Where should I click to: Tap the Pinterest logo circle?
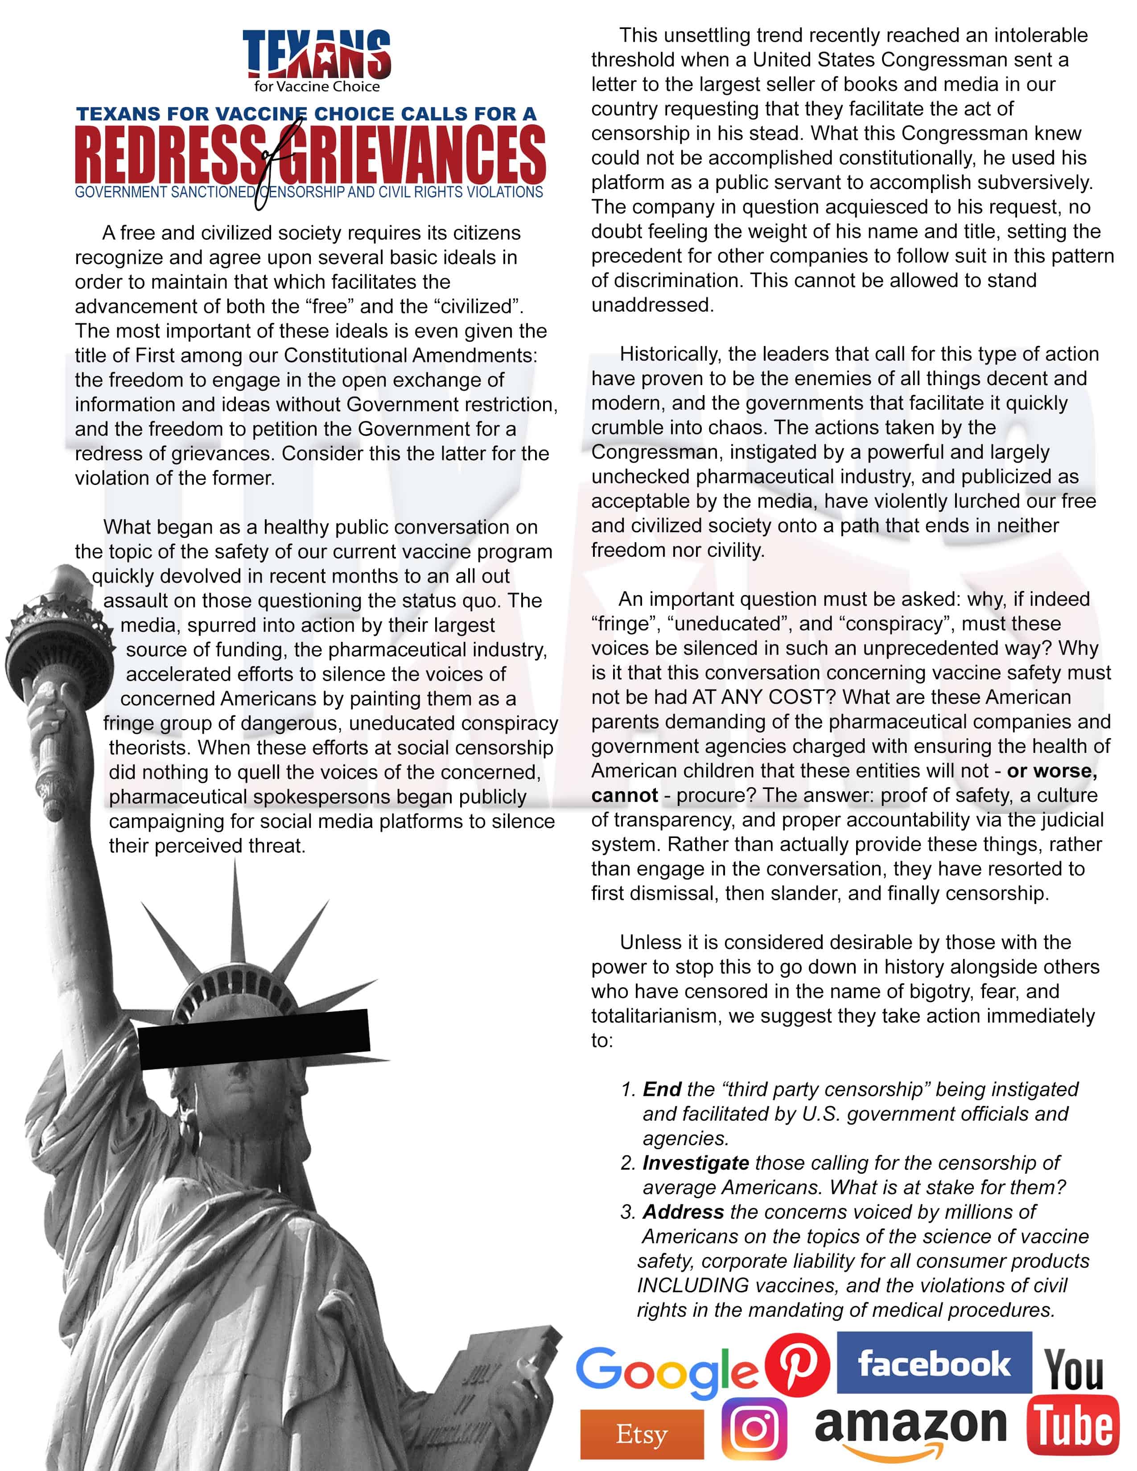pyautogui.click(x=797, y=1364)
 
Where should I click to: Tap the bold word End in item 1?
pyautogui.click(x=662, y=1089)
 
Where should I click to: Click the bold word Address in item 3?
pyautogui.click(x=683, y=1212)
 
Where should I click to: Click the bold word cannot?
pyautogui.click(x=624, y=795)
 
